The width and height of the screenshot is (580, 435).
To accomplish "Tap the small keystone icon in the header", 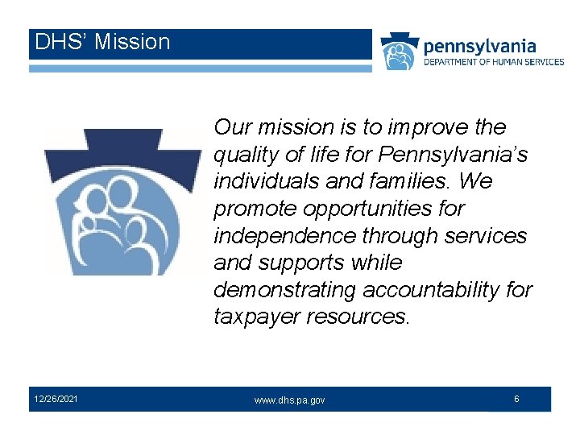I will click(400, 52).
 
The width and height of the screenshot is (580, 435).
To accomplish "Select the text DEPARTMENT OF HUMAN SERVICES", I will click(493, 62).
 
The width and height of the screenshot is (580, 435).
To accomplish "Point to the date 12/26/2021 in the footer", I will click(56, 398).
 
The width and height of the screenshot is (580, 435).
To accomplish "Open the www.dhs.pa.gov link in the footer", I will click(290, 400).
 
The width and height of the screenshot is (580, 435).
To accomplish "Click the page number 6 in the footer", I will click(516, 398).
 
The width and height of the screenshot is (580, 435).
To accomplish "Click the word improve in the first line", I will click(426, 127).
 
